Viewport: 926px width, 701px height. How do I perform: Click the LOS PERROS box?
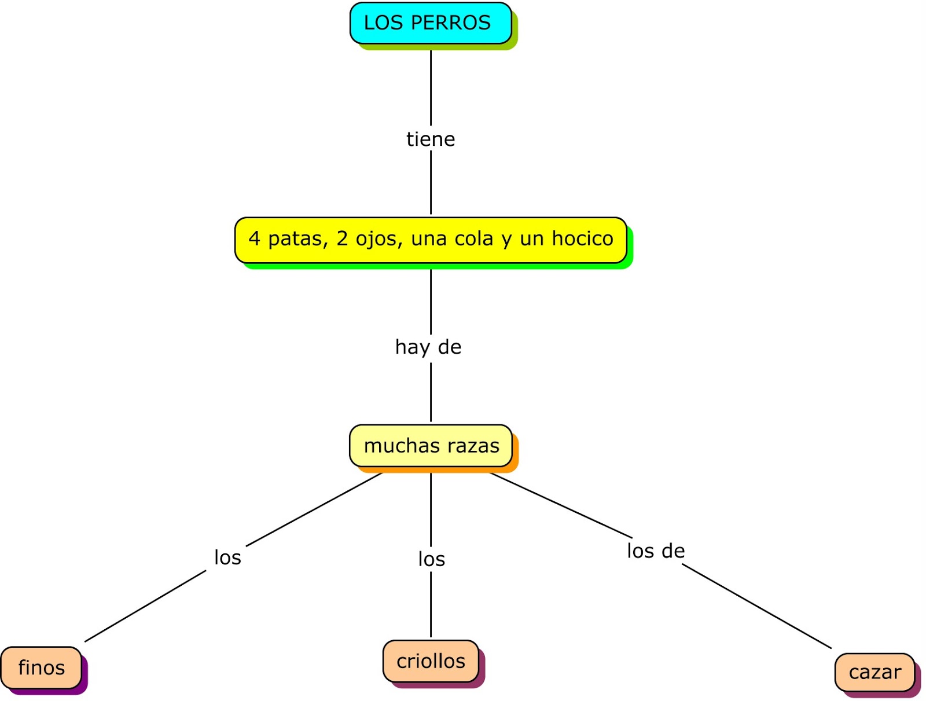click(431, 23)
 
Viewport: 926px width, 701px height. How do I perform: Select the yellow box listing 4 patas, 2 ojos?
click(431, 239)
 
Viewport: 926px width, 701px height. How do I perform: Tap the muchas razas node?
click(431, 446)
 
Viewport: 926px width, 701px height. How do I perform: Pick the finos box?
click(41, 667)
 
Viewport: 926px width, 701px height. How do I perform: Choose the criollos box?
click(431, 661)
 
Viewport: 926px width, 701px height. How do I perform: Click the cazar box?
click(874, 672)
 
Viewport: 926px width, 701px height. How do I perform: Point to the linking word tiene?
click(431, 140)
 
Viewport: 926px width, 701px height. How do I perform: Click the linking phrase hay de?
click(428, 347)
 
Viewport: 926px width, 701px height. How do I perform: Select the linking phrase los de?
click(656, 551)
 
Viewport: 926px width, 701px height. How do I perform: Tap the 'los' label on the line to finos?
click(227, 557)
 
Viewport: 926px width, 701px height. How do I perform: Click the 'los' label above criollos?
click(432, 559)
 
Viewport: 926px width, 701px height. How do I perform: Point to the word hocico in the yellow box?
click(582, 238)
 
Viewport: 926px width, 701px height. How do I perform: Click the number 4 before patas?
click(254, 238)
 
